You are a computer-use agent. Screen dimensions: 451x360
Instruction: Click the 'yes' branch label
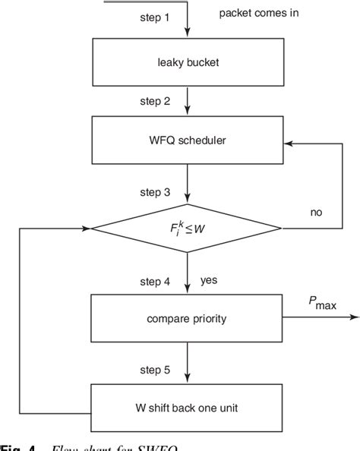click(209, 279)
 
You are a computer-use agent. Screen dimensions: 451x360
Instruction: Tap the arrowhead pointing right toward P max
click(350, 318)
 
